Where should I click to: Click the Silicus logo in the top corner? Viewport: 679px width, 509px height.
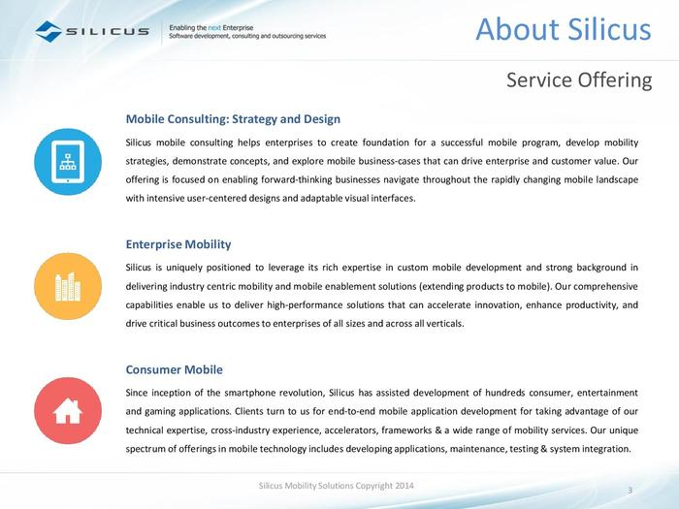tap(92, 32)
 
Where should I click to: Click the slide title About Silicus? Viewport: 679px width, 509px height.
tap(563, 30)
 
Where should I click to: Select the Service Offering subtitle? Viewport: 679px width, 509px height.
tap(578, 80)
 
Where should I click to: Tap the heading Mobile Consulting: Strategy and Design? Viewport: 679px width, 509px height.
tap(233, 119)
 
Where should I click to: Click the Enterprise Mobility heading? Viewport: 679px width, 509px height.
tap(178, 244)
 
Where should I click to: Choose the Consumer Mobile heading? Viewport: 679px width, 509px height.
tap(175, 369)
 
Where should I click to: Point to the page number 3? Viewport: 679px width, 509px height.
tap(630, 488)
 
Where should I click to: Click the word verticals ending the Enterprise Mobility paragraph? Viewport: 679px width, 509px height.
tap(442, 324)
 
